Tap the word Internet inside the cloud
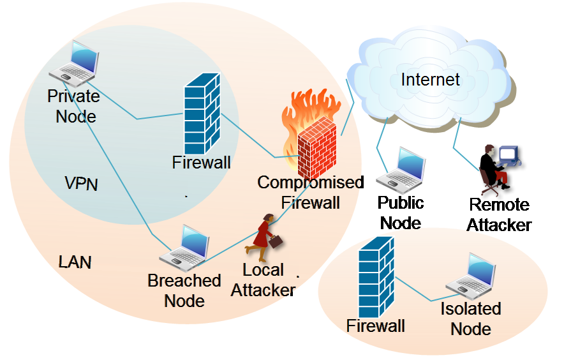pyautogui.click(x=430, y=80)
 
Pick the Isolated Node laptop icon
pyautogui.click(x=471, y=276)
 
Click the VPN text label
pyautogui.click(x=82, y=184)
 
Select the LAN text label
pyautogui.click(x=75, y=262)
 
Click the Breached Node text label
pyautogui.click(x=184, y=290)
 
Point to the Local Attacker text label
pyautogui.click(x=263, y=280)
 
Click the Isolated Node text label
pyautogui.click(x=471, y=319)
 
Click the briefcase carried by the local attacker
pyautogui.click(x=276, y=242)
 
